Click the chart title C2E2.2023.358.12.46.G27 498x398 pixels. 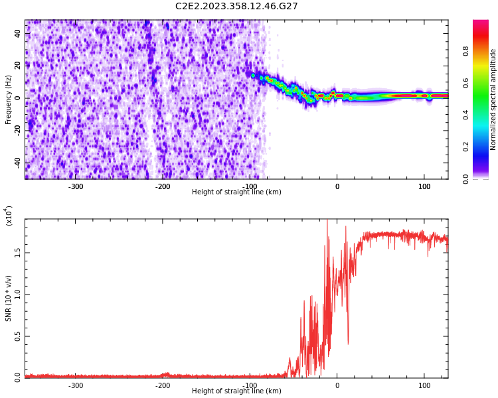click(x=236, y=7)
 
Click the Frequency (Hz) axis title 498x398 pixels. click(x=9, y=99)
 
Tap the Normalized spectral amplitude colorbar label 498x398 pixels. click(x=493, y=99)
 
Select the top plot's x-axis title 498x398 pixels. click(x=236, y=192)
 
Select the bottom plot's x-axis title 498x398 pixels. click(x=236, y=391)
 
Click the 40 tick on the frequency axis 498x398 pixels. click(x=17, y=33)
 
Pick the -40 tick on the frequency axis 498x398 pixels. click(x=16, y=163)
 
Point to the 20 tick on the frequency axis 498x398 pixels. click(x=17, y=65)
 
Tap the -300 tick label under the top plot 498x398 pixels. click(x=76, y=186)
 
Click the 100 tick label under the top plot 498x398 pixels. click(x=424, y=186)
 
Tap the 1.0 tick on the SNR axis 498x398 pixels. click(x=17, y=294)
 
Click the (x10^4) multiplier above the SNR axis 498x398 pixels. click(x=9, y=216)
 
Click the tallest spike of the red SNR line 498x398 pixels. click(x=327, y=222)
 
